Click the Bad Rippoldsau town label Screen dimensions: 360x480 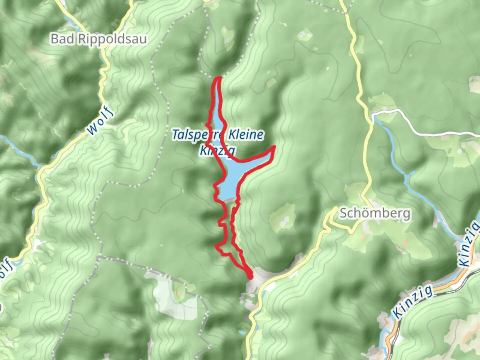point(99,39)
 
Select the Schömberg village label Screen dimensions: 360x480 point(375,213)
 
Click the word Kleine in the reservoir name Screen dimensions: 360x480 point(246,135)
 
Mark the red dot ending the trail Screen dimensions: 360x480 point(250,276)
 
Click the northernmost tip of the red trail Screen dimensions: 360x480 point(219,78)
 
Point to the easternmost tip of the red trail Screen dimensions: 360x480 point(274,147)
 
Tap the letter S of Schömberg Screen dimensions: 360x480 point(343,213)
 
